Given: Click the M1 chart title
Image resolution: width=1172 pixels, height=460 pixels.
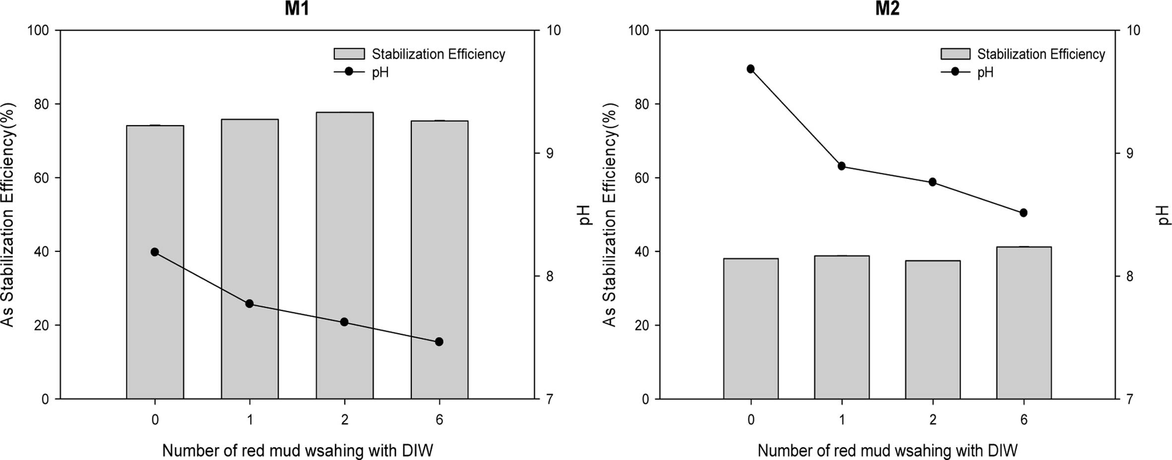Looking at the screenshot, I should point(297,9).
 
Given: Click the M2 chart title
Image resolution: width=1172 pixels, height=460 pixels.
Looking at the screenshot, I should point(887,9).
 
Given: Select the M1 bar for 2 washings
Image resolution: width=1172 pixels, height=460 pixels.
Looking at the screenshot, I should point(345,255).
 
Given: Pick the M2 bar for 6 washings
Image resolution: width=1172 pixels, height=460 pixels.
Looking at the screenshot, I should point(1024,322).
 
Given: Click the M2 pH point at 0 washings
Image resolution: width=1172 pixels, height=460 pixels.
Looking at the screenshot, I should point(751,69).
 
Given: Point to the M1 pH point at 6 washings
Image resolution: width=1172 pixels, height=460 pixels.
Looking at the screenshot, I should point(439,342).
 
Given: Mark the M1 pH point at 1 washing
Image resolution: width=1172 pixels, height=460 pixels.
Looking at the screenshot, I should point(250,304).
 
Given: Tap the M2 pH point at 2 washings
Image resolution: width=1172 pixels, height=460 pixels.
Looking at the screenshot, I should point(932,182).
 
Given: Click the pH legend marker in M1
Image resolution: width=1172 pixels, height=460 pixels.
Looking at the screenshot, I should point(349,72).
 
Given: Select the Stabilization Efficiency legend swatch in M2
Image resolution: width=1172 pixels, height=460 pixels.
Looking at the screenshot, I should point(955,54).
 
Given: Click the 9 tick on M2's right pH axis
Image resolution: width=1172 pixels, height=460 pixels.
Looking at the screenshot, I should point(1130,153).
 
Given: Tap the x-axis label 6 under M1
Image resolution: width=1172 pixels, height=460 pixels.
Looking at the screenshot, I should point(439,420).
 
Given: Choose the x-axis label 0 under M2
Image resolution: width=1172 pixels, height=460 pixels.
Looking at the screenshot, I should point(751,420).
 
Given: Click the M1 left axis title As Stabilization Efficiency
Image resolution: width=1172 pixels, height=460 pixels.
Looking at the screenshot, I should point(8,215).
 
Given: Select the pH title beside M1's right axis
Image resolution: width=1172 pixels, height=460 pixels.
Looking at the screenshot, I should point(586,215).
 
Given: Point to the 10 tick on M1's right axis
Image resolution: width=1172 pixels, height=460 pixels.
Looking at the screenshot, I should point(554,30).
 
